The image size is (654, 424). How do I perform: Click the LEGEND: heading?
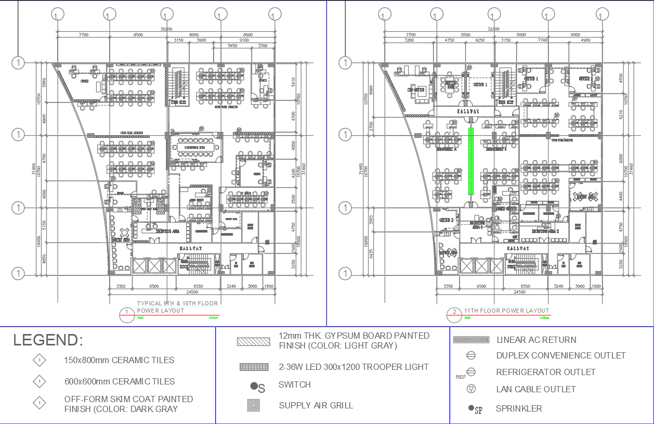coord(48,340)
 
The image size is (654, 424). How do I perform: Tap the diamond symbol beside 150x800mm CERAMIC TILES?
coord(39,360)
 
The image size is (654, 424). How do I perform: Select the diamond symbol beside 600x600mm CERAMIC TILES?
coord(39,381)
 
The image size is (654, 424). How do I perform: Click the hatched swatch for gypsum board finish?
coord(254,342)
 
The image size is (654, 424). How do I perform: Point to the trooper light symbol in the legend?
coord(254,367)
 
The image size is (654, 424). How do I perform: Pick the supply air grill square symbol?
coord(254,405)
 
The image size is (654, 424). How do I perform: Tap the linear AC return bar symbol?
coord(472,340)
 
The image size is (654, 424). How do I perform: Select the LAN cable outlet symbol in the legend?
coord(472,389)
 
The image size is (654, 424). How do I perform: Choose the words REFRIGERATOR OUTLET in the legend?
coord(545,372)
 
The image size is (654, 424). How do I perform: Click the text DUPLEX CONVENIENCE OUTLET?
coord(560,355)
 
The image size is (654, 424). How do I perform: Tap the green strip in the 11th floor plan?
coord(471,161)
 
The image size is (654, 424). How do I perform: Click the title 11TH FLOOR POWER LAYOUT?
coord(506,311)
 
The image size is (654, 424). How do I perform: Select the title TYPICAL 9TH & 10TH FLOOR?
coord(177,303)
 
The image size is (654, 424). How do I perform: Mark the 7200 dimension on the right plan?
coord(409,40)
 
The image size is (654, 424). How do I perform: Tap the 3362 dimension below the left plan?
coord(121,287)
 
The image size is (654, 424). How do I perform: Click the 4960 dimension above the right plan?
coord(585,40)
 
